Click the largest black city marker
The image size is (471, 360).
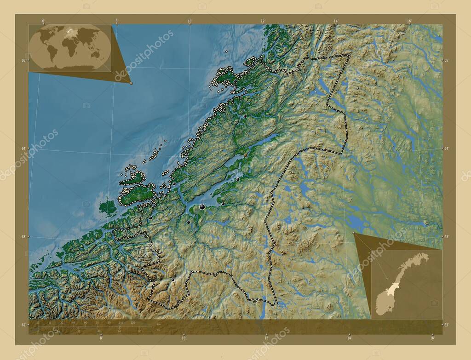click(x=202, y=208)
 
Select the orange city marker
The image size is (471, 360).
click(x=245, y=155)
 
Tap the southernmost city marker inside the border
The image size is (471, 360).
click(x=173, y=280)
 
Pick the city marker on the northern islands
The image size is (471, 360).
click(x=235, y=81)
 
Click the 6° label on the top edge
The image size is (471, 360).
click(x=43, y=21)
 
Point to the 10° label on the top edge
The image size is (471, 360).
click(x=190, y=21)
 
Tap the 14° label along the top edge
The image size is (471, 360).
click(x=336, y=21)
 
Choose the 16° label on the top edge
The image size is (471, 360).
click(x=409, y=21)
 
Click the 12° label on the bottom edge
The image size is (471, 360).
click(x=266, y=338)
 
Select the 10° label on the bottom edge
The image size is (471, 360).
click(x=184, y=338)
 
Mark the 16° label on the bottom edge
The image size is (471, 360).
click(x=432, y=338)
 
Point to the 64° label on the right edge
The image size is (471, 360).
click(x=446, y=149)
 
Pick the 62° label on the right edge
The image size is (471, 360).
click(x=446, y=325)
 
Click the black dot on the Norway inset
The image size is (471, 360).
click(x=390, y=308)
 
